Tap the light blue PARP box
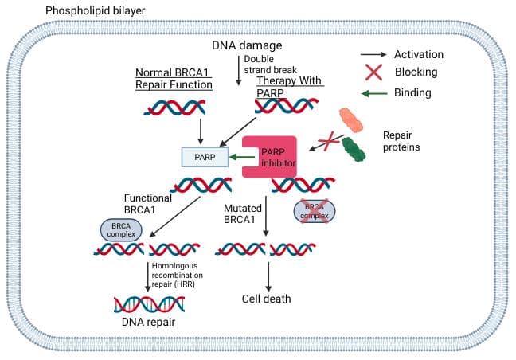click(204, 158)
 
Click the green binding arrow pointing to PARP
click(242, 158)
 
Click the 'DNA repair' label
click(149, 323)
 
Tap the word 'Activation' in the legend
click(419, 54)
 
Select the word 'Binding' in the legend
click(412, 92)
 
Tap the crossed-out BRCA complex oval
click(315, 210)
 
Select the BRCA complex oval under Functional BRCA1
click(120, 230)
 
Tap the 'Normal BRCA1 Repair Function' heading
click(174, 78)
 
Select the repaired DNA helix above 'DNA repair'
click(149, 303)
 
